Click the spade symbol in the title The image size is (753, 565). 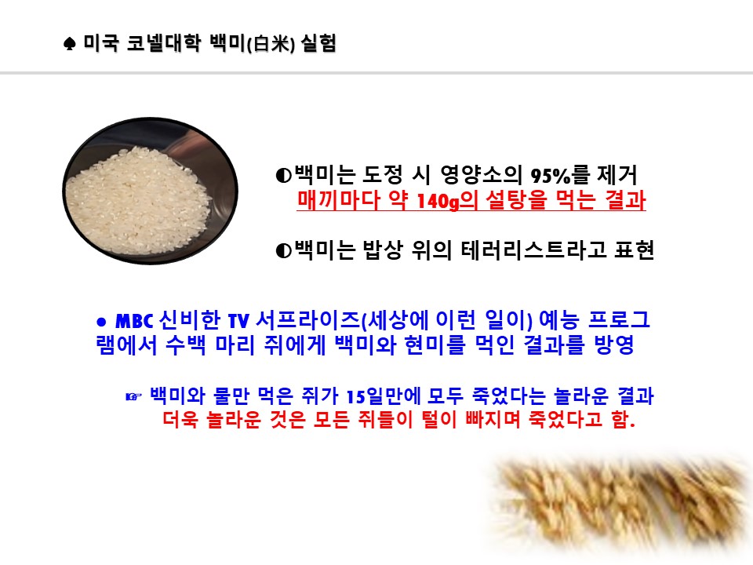click(x=70, y=44)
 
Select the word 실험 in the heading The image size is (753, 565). click(x=318, y=43)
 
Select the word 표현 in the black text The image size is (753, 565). click(x=635, y=250)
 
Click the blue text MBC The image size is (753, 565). click(x=134, y=321)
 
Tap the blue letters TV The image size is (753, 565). click(x=238, y=321)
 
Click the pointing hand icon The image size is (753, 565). click(x=133, y=396)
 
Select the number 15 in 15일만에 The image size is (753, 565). click(x=356, y=397)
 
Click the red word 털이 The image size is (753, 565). click(x=439, y=419)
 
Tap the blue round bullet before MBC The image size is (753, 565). click(x=101, y=322)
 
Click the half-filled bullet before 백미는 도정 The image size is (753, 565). click(x=283, y=176)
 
